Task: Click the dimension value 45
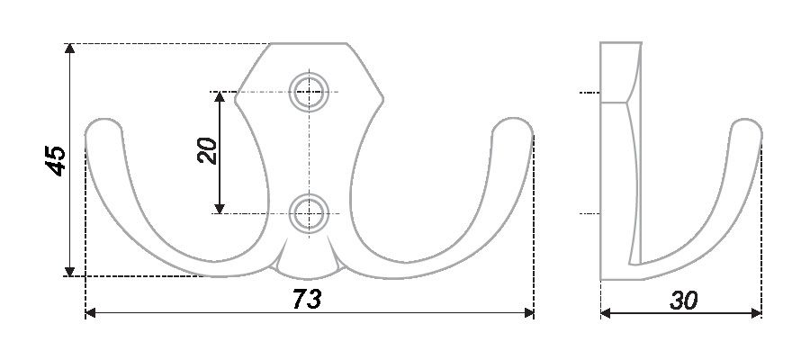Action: [56, 160]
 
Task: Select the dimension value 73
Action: [307, 299]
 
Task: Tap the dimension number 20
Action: [208, 151]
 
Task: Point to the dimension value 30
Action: [683, 300]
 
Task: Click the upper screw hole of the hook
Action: [309, 93]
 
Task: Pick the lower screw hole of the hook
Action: [309, 214]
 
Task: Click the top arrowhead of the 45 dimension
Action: [69, 48]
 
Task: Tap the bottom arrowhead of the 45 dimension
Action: [69, 271]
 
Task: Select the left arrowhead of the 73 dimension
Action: [90, 312]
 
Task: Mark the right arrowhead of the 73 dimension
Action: [529, 312]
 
